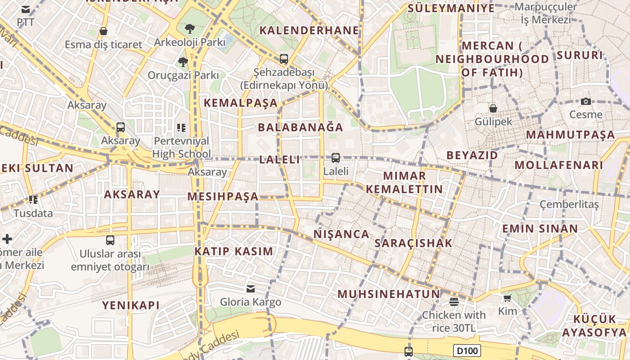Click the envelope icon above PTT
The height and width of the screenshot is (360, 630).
(x=26, y=9)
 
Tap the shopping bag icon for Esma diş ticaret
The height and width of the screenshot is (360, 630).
(x=103, y=31)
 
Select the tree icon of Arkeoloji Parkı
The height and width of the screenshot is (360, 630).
(x=189, y=29)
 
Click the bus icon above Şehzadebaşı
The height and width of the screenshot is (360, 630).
(x=283, y=58)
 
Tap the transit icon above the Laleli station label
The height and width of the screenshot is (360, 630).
(x=335, y=158)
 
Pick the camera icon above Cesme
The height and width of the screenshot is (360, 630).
(x=585, y=101)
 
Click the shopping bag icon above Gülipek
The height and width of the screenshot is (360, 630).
(x=493, y=108)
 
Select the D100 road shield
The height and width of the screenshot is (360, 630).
(x=467, y=351)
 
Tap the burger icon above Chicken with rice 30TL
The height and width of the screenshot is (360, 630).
(x=454, y=301)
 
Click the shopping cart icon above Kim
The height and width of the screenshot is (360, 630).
(x=507, y=298)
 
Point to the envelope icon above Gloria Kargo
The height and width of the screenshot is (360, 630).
(x=251, y=288)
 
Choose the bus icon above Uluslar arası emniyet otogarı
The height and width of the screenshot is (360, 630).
(x=110, y=240)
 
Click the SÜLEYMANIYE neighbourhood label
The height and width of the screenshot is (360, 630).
(x=451, y=8)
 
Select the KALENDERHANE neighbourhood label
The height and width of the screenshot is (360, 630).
(x=310, y=31)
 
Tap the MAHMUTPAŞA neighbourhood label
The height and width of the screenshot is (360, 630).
(x=570, y=135)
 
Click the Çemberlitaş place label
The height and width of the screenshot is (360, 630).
(x=569, y=204)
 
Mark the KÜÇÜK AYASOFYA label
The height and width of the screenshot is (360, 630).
(x=594, y=326)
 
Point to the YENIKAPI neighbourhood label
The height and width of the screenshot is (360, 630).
(x=131, y=305)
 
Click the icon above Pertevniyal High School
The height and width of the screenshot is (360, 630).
(x=181, y=128)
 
